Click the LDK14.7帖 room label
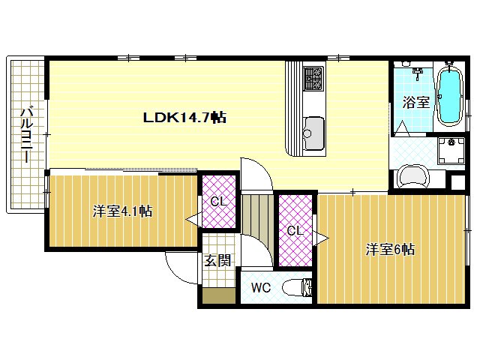coord(184,117)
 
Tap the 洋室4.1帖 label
coord(122,211)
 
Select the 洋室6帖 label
coord(390,250)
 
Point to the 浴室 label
coord(416,102)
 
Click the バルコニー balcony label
coord(27,134)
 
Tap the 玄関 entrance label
coord(217,261)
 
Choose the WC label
coord(261,288)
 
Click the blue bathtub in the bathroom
coord(449,95)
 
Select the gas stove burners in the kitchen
coord(313,78)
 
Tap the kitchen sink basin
coord(313,133)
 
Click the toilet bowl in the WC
coord(296,288)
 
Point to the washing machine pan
coord(451,150)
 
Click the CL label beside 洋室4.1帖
coord(219,202)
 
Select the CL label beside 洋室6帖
coord(295,230)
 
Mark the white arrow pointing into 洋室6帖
coord(321,238)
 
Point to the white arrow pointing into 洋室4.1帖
coord(193,219)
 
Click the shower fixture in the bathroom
coord(417,73)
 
